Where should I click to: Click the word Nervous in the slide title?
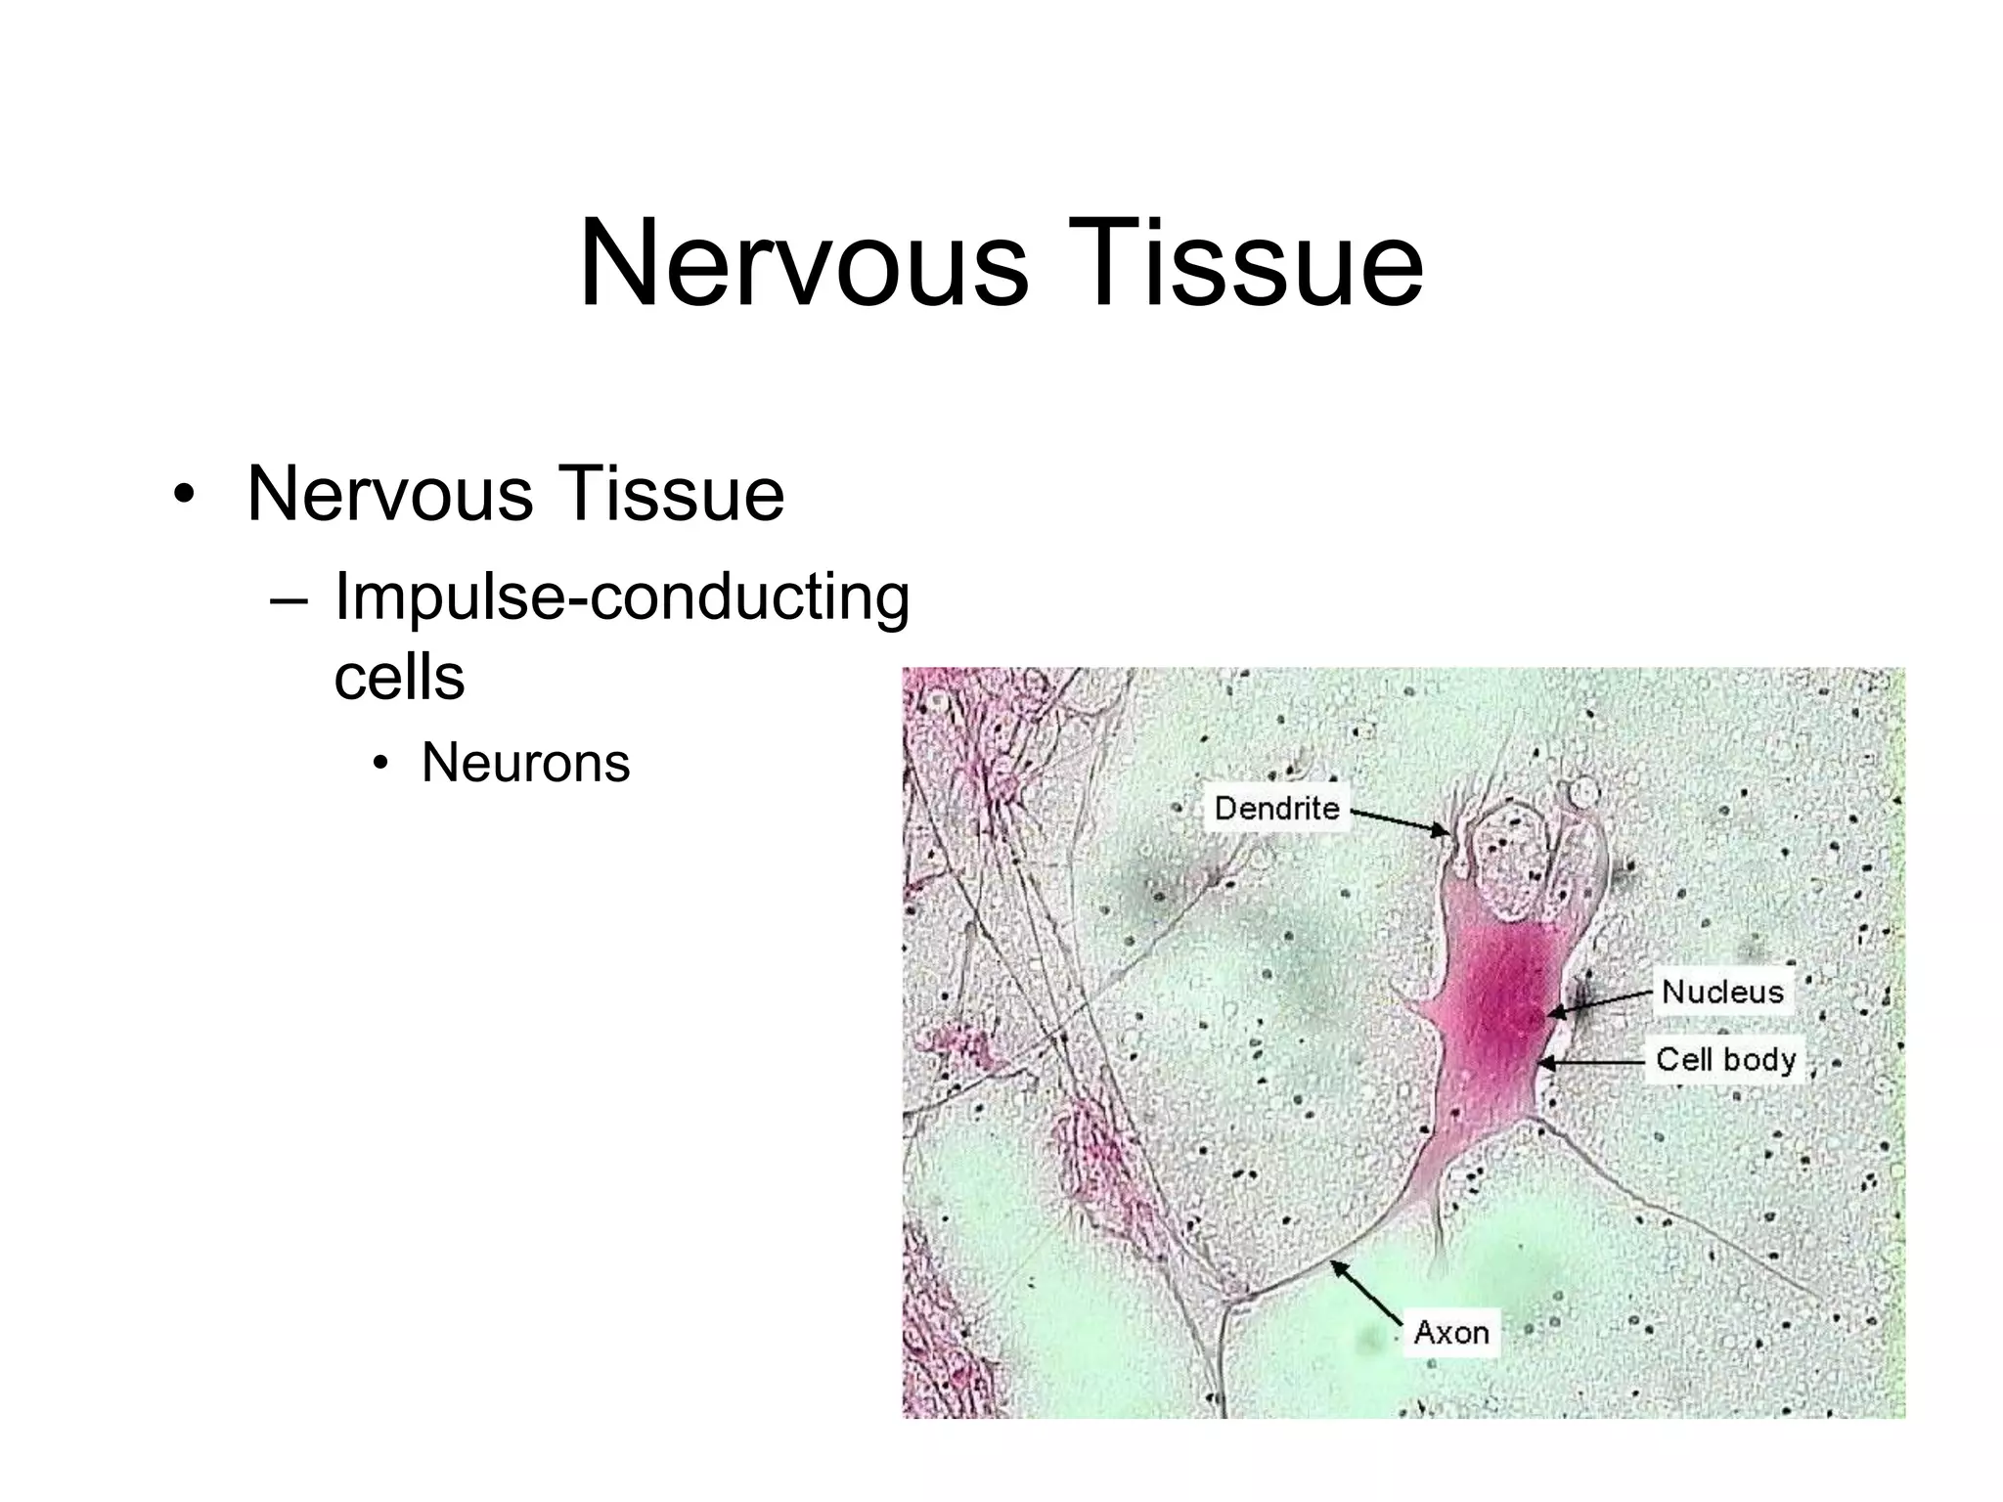tap(803, 264)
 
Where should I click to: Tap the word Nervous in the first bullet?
tap(389, 494)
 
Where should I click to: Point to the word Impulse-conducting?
tap(622, 597)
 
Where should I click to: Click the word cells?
tap(399, 677)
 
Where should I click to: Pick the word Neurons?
tap(525, 763)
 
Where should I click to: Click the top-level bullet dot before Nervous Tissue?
tap(183, 495)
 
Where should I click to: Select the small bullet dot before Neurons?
tap(381, 764)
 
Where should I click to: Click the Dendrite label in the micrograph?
tap(1276, 808)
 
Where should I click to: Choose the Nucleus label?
tap(1722, 992)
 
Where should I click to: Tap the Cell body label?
tap(1725, 1059)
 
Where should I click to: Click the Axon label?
tap(1451, 1332)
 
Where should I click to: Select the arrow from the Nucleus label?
tap(1604, 1004)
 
